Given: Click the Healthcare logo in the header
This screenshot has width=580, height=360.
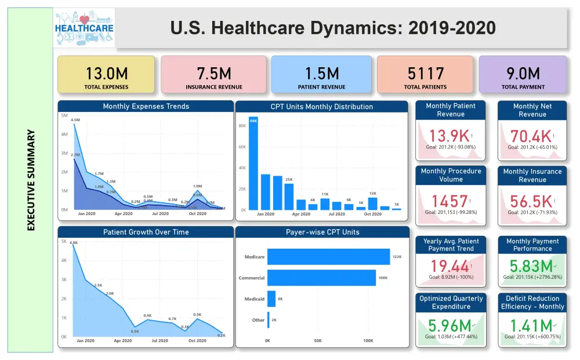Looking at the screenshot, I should click(x=84, y=28).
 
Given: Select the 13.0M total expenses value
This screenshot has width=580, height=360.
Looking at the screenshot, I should click(x=107, y=74).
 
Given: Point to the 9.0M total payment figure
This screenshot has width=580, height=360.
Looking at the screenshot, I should click(x=523, y=74).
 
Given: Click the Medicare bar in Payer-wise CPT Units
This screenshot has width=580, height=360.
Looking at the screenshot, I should click(x=328, y=257).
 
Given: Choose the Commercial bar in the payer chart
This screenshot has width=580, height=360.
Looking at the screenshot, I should click(x=321, y=278).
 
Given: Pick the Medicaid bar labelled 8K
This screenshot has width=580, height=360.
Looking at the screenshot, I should click(x=271, y=299).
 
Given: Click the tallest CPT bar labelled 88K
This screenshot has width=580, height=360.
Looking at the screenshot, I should click(x=253, y=162).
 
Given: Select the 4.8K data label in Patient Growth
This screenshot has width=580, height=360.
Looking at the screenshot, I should click(x=74, y=243).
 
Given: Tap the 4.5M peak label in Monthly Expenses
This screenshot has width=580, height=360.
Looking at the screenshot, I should click(x=75, y=120).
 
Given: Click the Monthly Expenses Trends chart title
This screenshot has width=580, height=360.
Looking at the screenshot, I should click(x=146, y=107).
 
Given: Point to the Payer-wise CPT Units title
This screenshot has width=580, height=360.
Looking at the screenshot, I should click(x=322, y=232).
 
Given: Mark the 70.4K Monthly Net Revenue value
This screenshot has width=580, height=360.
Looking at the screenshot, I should click(x=531, y=136).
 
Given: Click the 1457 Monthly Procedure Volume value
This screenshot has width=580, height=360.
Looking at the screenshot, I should click(x=449, y=201).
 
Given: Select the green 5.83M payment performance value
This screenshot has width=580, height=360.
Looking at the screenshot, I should click(x=530, y=266).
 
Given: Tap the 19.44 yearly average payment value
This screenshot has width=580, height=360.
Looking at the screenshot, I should click(x=449, y=266).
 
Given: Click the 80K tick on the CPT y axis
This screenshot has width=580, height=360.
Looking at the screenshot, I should click(x=242, y=126).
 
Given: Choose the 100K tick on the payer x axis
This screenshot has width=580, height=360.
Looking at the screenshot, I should click(x=368, y=341).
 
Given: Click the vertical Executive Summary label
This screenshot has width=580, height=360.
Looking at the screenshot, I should click(x=31, y=180).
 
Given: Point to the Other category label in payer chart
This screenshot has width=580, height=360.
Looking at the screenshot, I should click(x=259, y=320).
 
